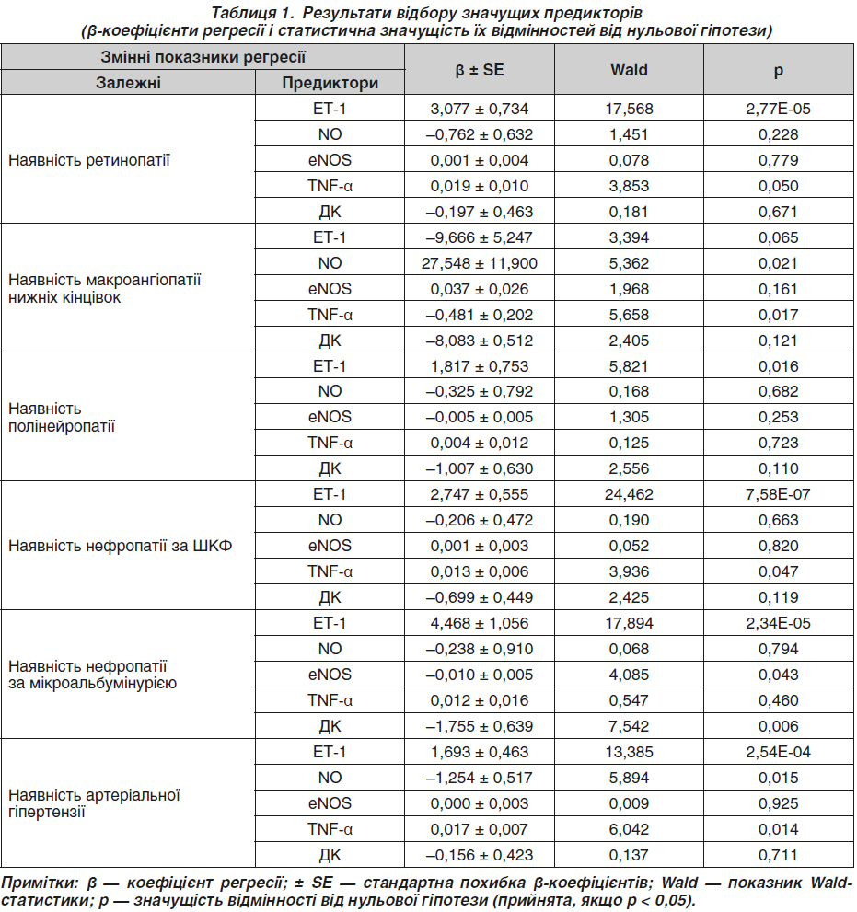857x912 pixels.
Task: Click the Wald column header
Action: [629, 70]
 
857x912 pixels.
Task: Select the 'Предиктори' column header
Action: [330, 83]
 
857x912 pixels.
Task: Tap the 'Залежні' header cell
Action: [128, 83]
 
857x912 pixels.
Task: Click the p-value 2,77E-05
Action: [778, 109]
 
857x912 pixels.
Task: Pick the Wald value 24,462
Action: [629, 494]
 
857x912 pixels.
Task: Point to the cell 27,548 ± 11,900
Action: [480, 263]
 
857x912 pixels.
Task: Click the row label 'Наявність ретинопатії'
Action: [89, 160]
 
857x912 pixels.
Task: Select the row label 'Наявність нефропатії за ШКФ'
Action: [120, 546]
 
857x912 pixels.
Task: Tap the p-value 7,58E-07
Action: [778, 494]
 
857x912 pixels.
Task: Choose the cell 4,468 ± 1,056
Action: [480, 624]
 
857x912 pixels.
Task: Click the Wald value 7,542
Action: [629, 726]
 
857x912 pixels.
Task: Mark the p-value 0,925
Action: [778, 803]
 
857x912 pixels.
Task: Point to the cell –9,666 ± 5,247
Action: [480, 237]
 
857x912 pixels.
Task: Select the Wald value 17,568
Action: [629, 109]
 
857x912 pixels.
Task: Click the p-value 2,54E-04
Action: [778, 752]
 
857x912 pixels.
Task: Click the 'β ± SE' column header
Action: [480, 70]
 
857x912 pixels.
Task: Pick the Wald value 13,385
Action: [629, 752]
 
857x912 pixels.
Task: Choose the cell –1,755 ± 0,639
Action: [480, 726]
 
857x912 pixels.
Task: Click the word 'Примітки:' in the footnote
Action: [40, 883]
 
